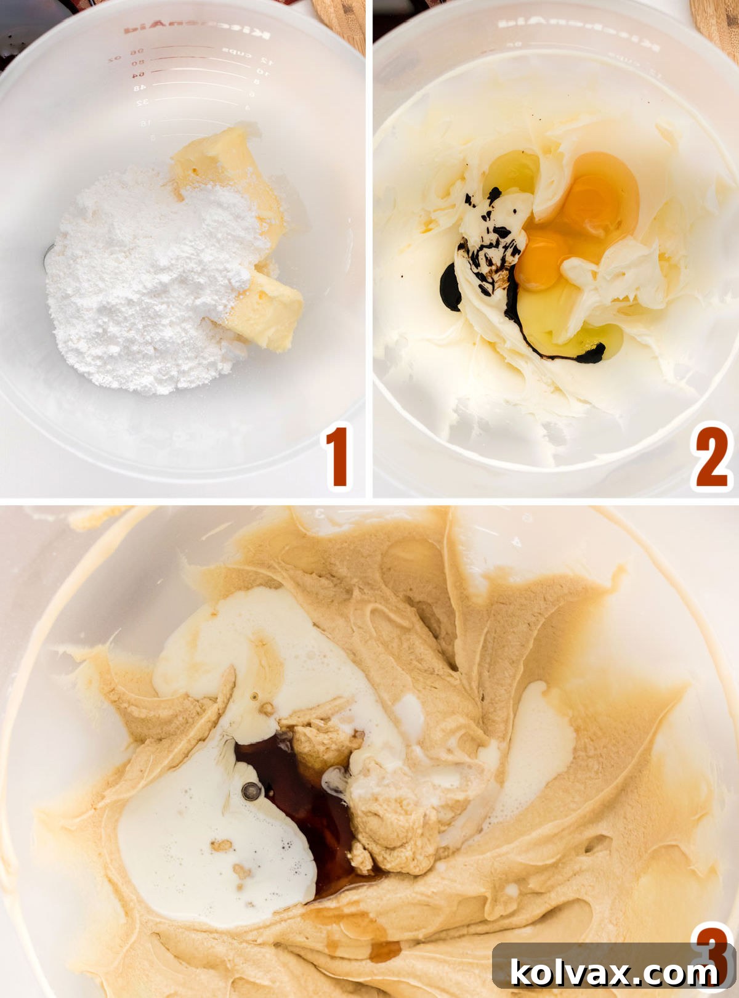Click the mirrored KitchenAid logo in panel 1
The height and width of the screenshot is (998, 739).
pyautogui.click(x=196, y=31)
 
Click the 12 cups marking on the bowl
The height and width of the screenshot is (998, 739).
pyautogui.click(x=265, y=60)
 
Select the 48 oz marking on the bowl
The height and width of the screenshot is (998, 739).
pyautogui.click(x=140, y=88)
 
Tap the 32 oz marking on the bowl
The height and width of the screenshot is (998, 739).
pyautogui.click(x=142, y=101)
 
